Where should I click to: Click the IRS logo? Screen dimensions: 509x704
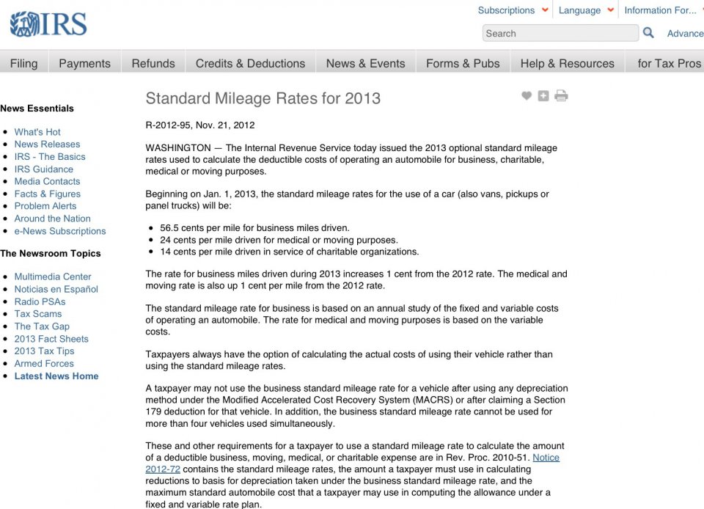point(48,25)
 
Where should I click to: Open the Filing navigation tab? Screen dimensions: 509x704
point(23,63)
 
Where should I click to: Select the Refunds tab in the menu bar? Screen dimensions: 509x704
point(153,63)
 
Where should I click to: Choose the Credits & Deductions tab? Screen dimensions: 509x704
point(250,63)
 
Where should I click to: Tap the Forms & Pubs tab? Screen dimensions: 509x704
point(463,63)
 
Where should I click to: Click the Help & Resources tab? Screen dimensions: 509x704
point(567,63)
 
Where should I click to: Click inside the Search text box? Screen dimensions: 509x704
point(560,33)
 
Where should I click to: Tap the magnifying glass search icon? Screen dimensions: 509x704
point(648,32)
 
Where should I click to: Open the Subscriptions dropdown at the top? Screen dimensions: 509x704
point(512,10)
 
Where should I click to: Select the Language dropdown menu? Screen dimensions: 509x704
point(585,10)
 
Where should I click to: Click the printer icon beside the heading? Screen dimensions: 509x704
point(561,95)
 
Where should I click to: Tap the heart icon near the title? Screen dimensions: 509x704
point(527,95)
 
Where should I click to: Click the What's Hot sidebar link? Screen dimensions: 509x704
point(37,132)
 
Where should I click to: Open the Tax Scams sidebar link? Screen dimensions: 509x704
point(38,314)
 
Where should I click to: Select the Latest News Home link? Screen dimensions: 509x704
point(56,376)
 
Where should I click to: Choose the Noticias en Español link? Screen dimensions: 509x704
point(56,289)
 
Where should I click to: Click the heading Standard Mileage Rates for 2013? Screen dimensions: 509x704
point(263,98)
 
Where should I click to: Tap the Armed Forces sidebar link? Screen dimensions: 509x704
point(44,364)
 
